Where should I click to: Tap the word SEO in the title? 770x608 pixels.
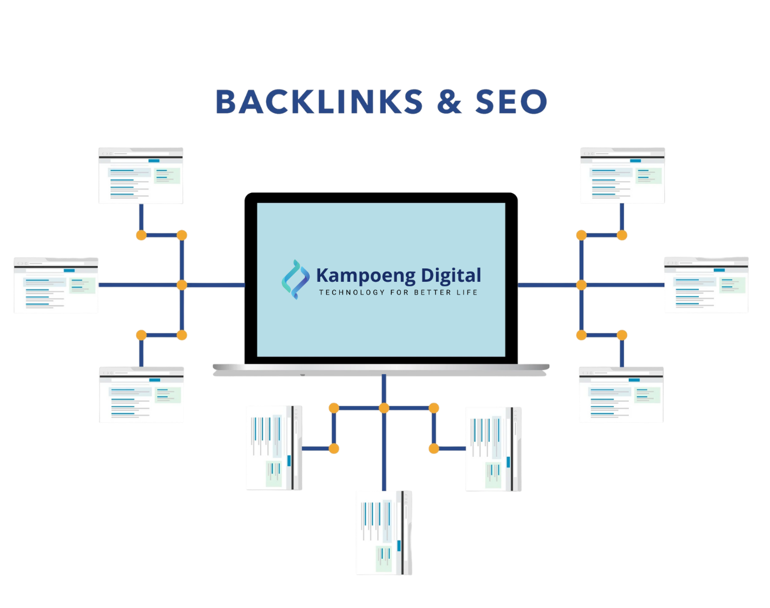(x=511, y=102)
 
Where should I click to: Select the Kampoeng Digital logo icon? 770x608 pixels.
(x=295, y=280)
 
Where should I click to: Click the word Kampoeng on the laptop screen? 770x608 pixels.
(x=365, y=276)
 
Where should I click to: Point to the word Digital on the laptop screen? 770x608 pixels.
(x=451, y=276)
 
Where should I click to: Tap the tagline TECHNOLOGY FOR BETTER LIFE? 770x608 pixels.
(x=398, y=292)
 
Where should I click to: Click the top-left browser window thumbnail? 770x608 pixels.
(x=141, y=176)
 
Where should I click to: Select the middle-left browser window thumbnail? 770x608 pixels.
(x=56, y=285)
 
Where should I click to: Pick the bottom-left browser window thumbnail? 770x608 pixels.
(x=141, y=395)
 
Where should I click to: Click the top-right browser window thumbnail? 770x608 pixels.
(x=622, y=176)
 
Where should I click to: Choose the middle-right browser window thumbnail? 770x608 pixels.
(x=707, y=285)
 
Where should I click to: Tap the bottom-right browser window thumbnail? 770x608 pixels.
(x=622, y=395)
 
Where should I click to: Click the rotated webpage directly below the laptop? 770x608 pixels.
(x=384, y=532)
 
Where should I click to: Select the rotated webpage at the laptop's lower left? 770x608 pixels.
(x=274, y=448)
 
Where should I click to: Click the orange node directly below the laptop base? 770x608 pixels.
(x=384, y=408)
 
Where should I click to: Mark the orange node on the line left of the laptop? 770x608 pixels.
(x=182, y=285)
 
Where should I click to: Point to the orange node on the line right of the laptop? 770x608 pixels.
(x=582, y=285)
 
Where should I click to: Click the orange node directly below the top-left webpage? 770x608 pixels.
(x=141, y=235)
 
